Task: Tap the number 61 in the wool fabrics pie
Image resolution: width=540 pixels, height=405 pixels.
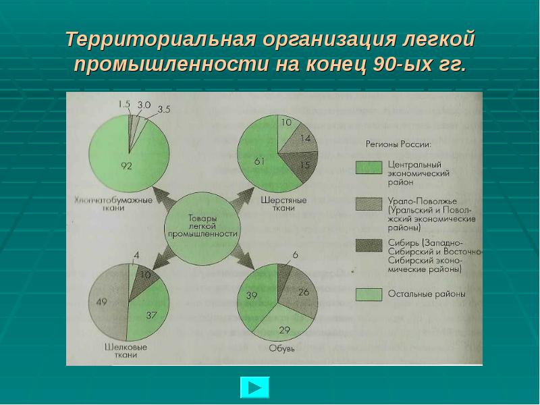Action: (x=259, y=161)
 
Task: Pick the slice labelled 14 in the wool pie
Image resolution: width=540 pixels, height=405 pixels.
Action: (x=302, y=139)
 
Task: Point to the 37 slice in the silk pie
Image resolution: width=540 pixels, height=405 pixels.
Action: (x=150, y=313)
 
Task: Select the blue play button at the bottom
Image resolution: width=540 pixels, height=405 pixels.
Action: (x=254, y=387)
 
